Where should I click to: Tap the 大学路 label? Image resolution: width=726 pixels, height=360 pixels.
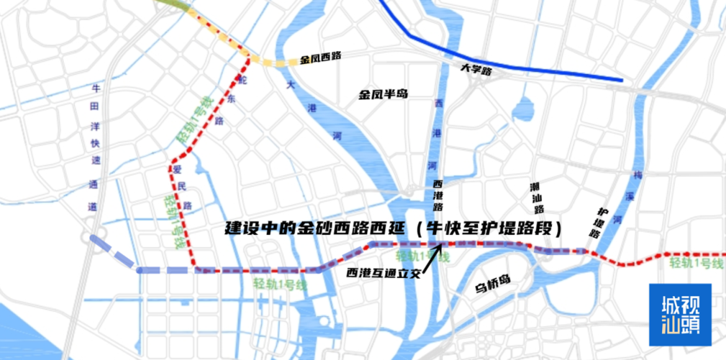tap(476, 71)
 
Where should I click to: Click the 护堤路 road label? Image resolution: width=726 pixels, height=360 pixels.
tap(599, 223)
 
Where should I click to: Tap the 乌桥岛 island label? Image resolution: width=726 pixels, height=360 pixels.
tap(492, 287)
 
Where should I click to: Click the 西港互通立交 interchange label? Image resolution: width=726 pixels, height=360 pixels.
tap(382, 273)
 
